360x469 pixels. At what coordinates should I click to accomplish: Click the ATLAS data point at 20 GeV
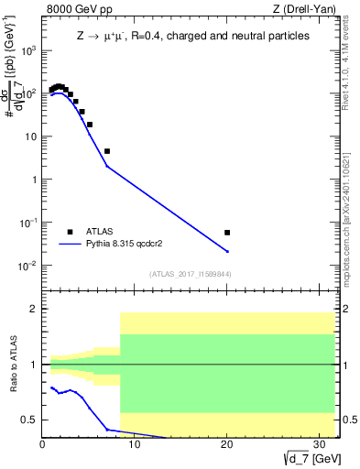(x=227, y=233)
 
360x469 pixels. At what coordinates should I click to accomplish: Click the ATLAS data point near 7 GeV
(x=107, y=151)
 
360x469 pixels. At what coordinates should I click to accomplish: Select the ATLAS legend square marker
(x=70, y=232)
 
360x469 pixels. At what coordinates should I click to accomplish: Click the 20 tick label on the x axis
(x=226, y=446)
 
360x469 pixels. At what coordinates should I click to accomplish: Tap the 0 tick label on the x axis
(x=43, y=446)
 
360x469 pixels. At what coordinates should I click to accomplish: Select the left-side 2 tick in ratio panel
(x=36, y=310)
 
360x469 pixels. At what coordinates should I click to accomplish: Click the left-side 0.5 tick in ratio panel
(x=32, y=420)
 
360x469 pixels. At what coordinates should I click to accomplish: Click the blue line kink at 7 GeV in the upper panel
(x=107, y=166)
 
